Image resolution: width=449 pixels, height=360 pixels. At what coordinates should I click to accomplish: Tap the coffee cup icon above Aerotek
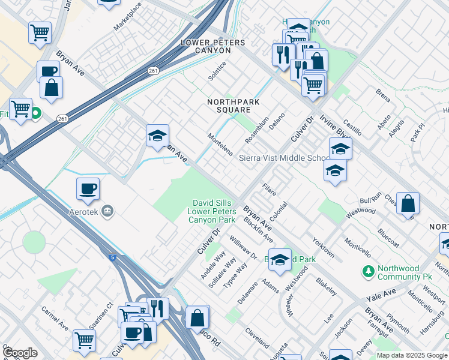pyautogui.click(x=88, y=189)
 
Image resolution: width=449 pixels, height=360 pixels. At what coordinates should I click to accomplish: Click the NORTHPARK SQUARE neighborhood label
pyautogui.click(x=234, y=106)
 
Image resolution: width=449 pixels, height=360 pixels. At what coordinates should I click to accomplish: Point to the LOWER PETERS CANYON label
pyautogui.click(x=213, y=46)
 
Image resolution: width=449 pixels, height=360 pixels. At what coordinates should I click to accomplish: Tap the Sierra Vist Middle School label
pyautogui.click(x=285, y=158)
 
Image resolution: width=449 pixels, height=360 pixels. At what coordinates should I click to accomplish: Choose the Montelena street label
pyautogui.click(x=220, y=144)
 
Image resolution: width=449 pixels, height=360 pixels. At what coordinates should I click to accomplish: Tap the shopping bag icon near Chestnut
pyautogui.click(x=408, y=203)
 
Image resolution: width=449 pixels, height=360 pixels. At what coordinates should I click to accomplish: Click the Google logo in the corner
pyautogui.click(x=20, y=353)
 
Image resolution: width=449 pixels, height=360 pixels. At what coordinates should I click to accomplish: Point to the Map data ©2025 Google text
pyautogui.click(x=411, y=355)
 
